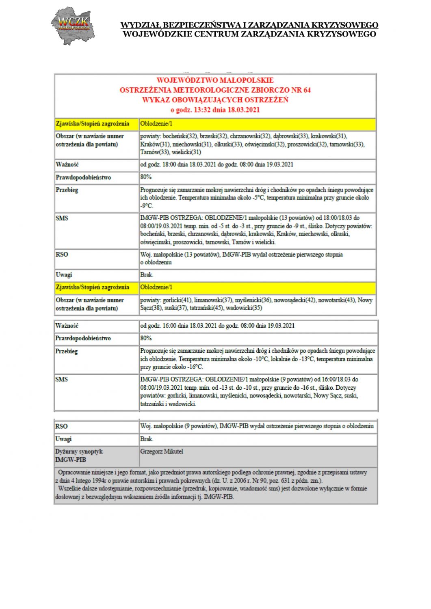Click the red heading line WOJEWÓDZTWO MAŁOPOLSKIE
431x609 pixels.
215,80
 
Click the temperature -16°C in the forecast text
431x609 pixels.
193,367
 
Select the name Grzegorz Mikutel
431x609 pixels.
162,451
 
